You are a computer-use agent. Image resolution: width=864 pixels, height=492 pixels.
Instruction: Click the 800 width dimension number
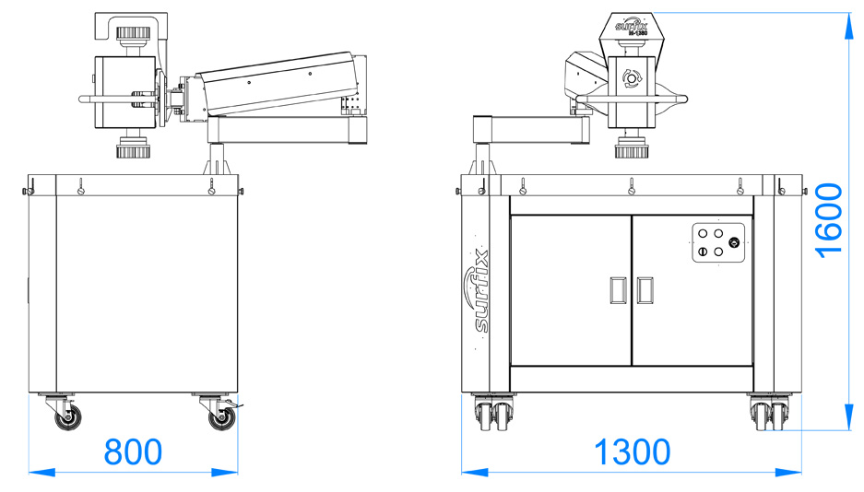(133, 451)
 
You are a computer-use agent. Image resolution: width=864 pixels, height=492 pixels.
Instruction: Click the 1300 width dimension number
(632, 451)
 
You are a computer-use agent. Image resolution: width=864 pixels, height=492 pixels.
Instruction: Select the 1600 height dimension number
(829, 219)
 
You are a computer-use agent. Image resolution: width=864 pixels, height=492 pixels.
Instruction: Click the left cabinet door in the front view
(571, 290)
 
